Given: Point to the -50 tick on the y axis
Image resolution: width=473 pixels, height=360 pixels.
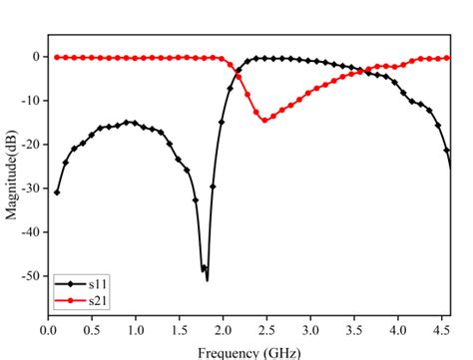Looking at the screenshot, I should tap(30, 275).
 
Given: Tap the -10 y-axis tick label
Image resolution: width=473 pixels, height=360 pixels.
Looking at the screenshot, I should tap(30, 101).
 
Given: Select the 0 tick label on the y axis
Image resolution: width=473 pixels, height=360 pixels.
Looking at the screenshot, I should tap(35, 57).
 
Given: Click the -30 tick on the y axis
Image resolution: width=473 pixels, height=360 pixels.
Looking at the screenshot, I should tap(30, 188).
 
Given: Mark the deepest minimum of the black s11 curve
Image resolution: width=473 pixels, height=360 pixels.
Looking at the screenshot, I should tap(207, 279).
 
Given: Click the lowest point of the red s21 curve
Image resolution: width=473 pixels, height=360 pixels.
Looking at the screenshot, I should tap(264, 120).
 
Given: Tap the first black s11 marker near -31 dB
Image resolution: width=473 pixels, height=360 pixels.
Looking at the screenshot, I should tap(57, 192).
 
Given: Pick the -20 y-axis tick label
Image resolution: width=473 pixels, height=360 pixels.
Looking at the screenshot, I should tap(30, 145).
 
